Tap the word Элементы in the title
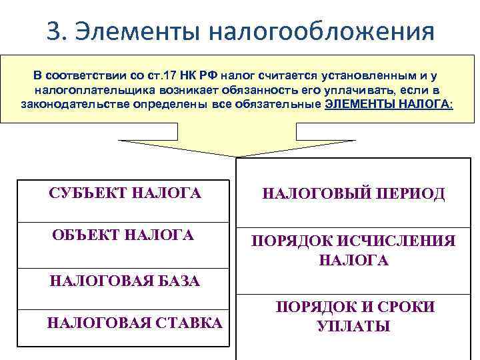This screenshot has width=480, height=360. [x=139, y=30]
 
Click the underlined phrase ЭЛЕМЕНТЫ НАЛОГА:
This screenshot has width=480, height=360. [x=389, y=105]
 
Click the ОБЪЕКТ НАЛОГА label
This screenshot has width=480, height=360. [x=123, y=235]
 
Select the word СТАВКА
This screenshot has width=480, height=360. [x=189, y=323]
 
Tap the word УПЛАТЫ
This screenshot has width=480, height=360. [x=353, y=327]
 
